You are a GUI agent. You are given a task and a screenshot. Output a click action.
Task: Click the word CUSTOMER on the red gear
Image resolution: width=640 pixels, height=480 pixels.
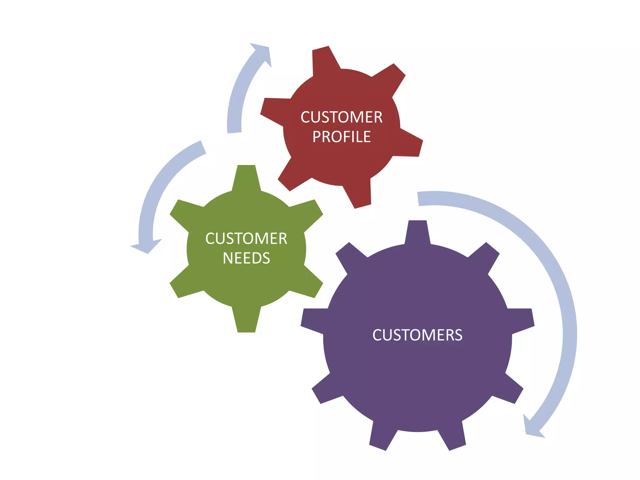[341, 117]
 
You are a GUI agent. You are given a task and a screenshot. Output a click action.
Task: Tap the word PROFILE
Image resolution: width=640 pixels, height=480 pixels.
[342, 137]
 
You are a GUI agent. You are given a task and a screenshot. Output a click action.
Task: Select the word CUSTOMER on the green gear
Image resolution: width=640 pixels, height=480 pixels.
[246, 239]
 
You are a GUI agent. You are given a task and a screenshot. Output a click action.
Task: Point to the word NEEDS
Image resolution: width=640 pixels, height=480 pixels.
[246, 258]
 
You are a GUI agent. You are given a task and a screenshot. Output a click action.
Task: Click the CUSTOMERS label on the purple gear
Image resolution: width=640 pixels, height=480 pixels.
[417, 335]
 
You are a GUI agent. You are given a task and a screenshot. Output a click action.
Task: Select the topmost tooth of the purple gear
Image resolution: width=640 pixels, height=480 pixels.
[417, 231]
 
